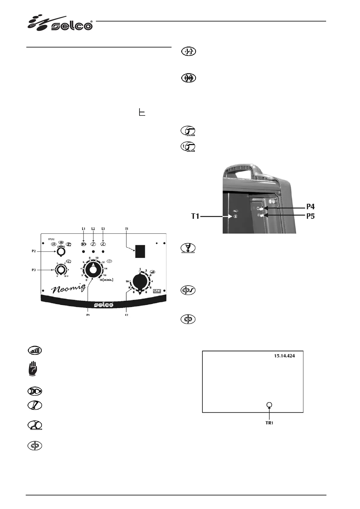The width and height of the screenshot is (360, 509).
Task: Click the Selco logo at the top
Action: pyautogui.click(x=61, y=23)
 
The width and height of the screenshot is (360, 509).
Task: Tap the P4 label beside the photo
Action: pyautogui.click(x=310, y=207)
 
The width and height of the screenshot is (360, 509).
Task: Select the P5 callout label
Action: pyautogui.click(x=310, y=216)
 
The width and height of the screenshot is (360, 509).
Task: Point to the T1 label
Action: pyautogui.click(x=195, y=216)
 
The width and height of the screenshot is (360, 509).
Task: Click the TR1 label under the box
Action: pyautogui.click(x=269, y=423)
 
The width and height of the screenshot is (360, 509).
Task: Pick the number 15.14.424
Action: pyautogui.click(x=284, y=356)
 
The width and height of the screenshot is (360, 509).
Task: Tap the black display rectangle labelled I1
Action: pyautogui.click(x=140, y=251)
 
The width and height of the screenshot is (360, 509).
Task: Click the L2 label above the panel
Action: pyautogui.click(x=93, y=229)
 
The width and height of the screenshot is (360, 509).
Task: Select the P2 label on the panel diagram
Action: pyautogui.click(x=34, y=251)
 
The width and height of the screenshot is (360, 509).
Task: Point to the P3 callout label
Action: pyautogui.click(x=34, y=270)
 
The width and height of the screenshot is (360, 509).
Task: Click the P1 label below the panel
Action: pyautogui.click(x=88, y=315)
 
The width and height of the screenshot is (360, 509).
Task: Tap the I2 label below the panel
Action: pyautogui.click(x=126, y=315)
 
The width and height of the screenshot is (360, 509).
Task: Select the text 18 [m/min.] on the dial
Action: pyautogui.click(x=106, y=280)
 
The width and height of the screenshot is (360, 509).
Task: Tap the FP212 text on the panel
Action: pyautogui.click(x=51, y=239)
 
